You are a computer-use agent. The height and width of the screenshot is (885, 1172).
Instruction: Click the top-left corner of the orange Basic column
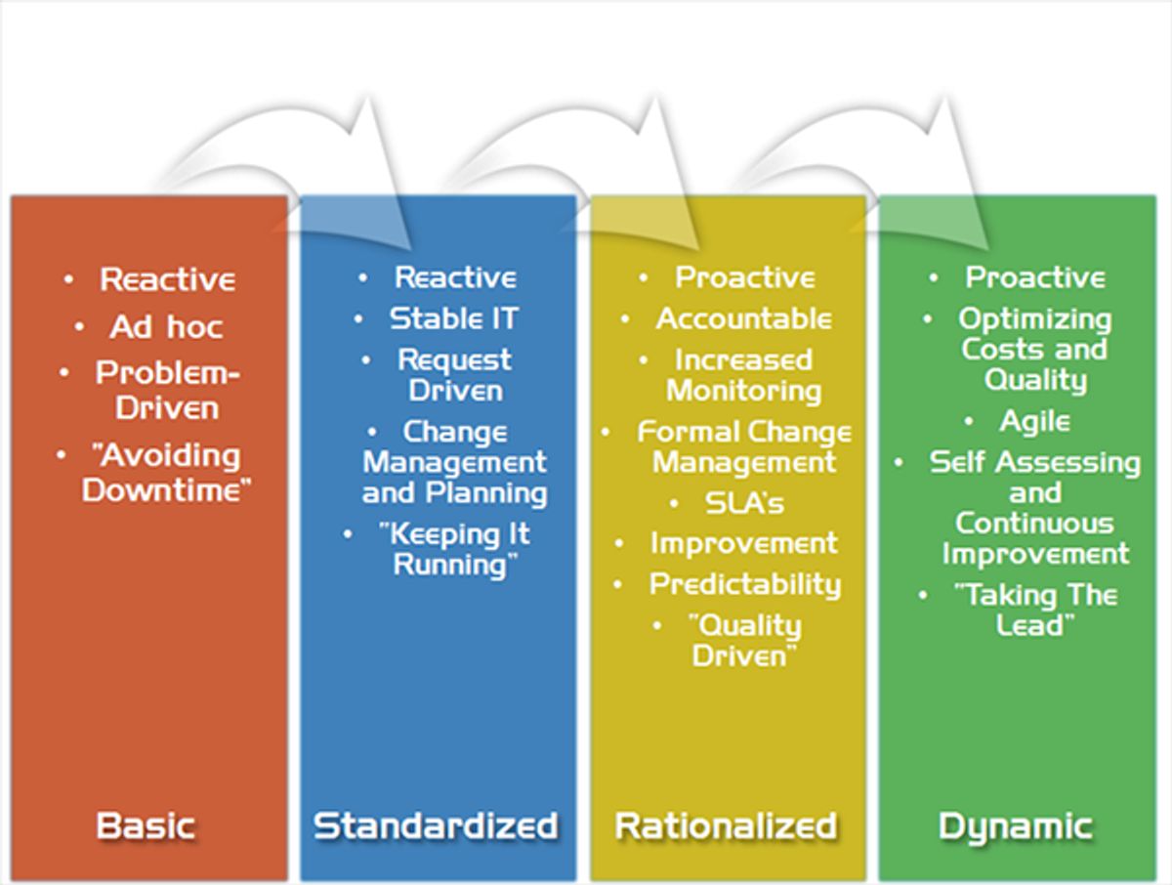[11, 196]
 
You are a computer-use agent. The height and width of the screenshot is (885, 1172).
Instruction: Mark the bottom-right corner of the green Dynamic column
[1156, 881]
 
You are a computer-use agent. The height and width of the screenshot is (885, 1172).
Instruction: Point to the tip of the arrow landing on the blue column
[410, 250]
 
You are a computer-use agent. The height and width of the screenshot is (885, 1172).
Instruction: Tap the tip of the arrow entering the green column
[988, 250]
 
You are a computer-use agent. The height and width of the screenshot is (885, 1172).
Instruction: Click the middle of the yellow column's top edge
[729, 196]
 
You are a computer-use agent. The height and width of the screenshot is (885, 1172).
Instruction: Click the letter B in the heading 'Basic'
[107, 826]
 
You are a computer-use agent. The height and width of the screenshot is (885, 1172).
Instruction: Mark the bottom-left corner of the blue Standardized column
[301, 881]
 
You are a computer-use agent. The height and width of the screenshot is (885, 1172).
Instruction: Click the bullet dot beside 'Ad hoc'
[79, 326]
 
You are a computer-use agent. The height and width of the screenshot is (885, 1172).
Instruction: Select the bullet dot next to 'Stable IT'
[358, 319]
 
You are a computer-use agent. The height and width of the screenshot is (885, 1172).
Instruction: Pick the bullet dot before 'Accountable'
[625, 319]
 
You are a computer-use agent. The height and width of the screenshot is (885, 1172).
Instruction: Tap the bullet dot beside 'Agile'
[969, 422]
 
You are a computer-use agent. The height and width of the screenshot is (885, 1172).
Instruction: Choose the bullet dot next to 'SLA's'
[674, 503]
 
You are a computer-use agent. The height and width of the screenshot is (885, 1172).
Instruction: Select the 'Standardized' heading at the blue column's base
[436, 826]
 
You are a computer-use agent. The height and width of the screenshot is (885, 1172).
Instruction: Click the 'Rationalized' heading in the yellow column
[727, 826]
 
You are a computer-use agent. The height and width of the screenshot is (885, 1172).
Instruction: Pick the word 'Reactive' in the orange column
[168, 279]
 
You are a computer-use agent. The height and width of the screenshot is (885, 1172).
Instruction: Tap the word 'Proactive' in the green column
[1035, 277]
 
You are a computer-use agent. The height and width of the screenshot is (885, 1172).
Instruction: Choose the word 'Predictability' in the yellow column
[745, 585]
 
